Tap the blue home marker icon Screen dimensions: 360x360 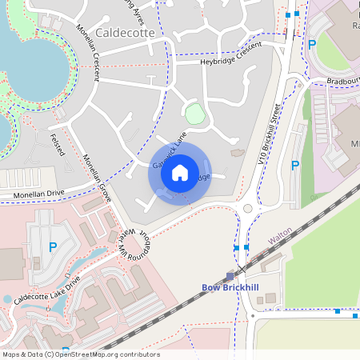click(179, 172)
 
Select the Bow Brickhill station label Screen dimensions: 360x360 click(231, 287)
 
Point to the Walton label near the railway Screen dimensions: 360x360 click(279, 238)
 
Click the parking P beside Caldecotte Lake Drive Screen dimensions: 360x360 click(53, 248)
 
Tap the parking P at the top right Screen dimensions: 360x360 click(312, 46)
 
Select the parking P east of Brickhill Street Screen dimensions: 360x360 click(294, 166)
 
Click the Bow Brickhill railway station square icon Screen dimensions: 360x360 click(230, 275)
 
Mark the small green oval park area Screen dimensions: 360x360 click(194, 114)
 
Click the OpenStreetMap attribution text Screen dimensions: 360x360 click(80, 354)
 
